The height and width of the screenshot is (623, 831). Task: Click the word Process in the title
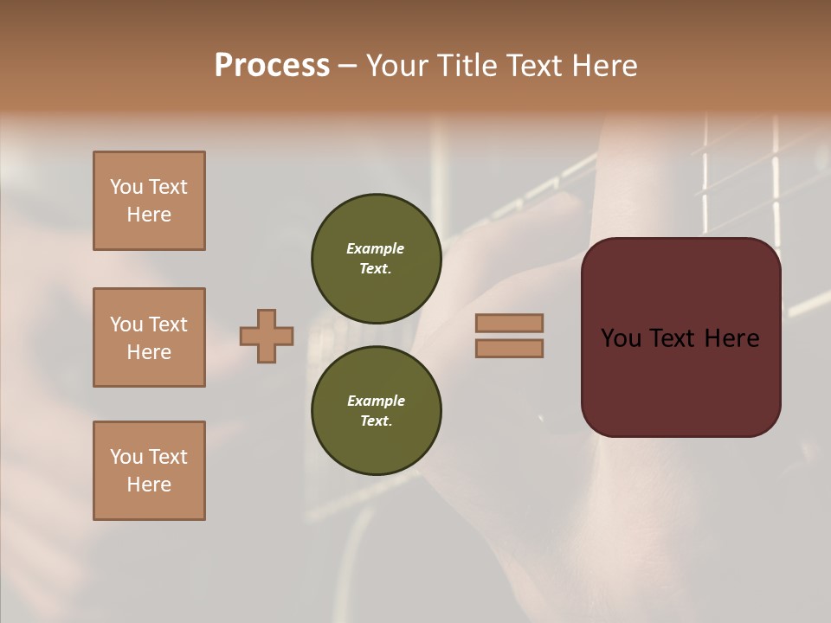[x=272, y=66]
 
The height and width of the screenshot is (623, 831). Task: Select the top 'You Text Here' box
[x=149, y=201]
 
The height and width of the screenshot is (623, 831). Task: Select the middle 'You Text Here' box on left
[x=149, y=337]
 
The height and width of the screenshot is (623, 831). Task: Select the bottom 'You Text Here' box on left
[x=149, y=471]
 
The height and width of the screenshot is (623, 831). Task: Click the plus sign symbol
[x=267, y=336]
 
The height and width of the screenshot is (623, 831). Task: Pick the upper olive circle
[x=376, y=258]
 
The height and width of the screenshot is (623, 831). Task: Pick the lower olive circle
[x=376, y=410]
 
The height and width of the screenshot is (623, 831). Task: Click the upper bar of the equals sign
[x=509, y=324]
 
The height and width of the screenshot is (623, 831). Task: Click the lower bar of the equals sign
[x=509, y=348]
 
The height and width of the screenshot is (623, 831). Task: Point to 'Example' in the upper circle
[x=375, y=248]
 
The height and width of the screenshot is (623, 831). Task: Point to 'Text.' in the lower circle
[x=376, y=421]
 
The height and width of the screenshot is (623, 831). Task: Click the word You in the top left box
[x=126, y=187]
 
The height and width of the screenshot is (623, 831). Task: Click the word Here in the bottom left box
[x=149, y=485]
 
